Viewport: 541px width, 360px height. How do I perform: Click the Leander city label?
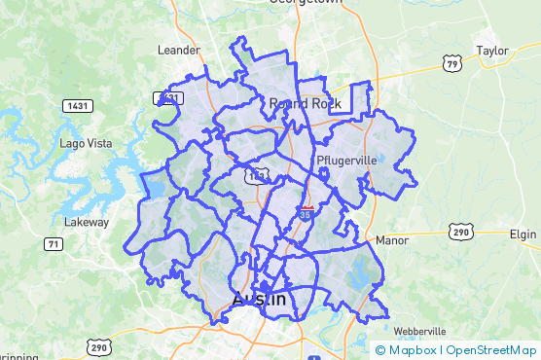[178, 50]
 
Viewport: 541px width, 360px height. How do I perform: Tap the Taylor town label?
[491, 50]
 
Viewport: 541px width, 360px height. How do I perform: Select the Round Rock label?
[302, 103]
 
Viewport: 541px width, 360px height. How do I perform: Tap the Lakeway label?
[87, 222]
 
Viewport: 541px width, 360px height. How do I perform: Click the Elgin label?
[523, 234]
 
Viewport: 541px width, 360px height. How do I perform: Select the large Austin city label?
[259, 300]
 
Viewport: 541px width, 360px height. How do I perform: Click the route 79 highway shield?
[451, 64]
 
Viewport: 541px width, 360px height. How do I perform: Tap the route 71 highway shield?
[54, 244]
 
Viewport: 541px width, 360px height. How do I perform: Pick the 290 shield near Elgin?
[460, 232]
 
